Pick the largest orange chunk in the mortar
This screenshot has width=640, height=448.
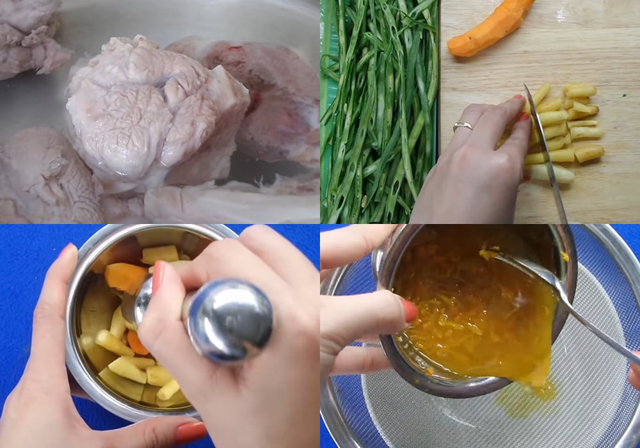(x=124, y=277)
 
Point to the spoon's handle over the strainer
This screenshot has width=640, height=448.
(x=589, y=320)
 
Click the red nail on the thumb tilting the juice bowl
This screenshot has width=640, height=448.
(x=410, y=311)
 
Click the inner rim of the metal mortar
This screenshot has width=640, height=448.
(x=90, y=256)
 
